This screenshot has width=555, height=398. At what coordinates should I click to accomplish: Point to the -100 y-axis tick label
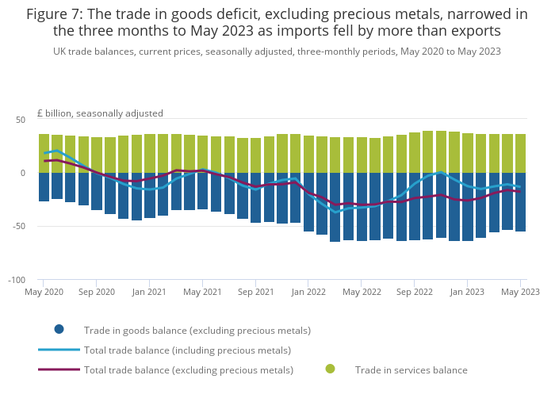(x=17, y=281)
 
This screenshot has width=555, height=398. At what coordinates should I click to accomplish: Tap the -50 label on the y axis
(x=19, y=227)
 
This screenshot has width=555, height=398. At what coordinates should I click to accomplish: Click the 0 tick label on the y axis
(x=23, y=173)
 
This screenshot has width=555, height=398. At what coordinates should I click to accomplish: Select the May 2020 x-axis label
(x=44, y=292)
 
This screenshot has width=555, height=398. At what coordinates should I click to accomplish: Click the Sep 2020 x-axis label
(x=97, y=292)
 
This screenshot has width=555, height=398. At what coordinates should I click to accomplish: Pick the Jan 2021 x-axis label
(x=150, y=292)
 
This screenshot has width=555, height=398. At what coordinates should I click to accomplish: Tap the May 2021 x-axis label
(x=202, y=292)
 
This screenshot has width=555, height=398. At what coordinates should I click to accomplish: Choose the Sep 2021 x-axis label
(x=255, y=292)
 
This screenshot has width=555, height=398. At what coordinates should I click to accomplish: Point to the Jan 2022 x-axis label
(x=308, y=292)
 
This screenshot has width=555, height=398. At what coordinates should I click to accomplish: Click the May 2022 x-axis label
(x=362, y=292)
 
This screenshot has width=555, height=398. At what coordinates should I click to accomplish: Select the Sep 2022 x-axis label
(x=414, y=292)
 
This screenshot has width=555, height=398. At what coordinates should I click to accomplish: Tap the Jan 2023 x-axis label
(x=467, y=292)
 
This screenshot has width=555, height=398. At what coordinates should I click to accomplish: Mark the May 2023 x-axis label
(x=520, y=292)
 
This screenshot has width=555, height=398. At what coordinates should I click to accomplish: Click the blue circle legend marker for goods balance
(x=59, y=330)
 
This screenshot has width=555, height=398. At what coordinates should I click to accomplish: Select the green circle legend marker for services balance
(x=330, y=369)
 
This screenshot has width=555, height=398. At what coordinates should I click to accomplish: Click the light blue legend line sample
(x=59, y=350)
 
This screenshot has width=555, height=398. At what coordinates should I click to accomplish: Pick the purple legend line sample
(x=59, y=369)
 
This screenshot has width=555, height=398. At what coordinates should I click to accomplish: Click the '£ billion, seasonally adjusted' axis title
(x=100, y=113)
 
